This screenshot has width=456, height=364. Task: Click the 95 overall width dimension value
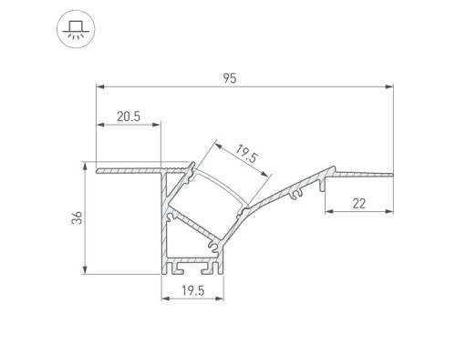pyautogui.click(x=230, y=78)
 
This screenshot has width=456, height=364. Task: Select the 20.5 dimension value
pyautogui.click(x=129, y=116)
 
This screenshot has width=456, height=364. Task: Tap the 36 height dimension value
pyautogui.click(x=78, y=217)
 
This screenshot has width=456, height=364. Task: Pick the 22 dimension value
pyautogui.click(x=359, y=204)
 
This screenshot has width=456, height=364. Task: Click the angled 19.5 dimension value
pyautogui.click(x=246, y=154)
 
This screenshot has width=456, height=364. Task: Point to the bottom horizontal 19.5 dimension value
pyautogui.click(x=193, y=290)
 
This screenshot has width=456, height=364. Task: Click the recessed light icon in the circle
pyautogui.click(x=76, y=29)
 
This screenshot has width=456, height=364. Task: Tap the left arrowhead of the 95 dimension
pyautogui.click(x=100, y=86)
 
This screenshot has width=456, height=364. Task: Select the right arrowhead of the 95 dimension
pyautogui.click(x=389, y=86)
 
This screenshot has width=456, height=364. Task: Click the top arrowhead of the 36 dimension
pyautogui.click(x=86, y=167)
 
